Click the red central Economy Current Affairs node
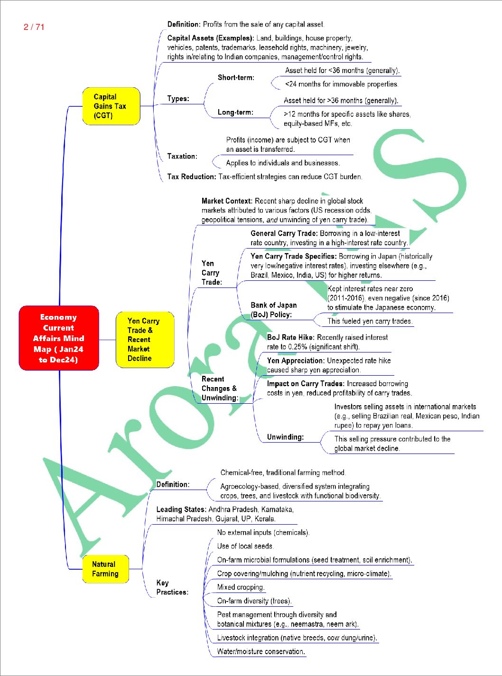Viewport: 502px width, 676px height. [59, 338]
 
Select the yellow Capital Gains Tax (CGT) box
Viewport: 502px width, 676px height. [112, 106]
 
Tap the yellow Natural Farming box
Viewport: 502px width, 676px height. [105, 569]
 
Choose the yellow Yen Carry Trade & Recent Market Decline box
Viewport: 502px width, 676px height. [145, 340]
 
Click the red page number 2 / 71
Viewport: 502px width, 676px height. [34, 27]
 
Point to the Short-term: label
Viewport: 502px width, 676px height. [236, 77]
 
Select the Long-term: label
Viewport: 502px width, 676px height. [235, 112]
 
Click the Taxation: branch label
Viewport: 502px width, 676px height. [182, 157]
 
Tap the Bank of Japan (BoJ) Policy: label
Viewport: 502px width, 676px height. [274, 310]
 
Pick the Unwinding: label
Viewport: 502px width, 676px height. [285, 437]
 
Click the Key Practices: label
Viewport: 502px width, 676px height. [172, 587]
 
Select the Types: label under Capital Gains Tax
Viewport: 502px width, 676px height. [178, 99]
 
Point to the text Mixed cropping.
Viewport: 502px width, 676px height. [241, 587]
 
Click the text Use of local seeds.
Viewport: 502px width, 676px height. [245, 546]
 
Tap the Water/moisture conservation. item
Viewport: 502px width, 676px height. [261, 651]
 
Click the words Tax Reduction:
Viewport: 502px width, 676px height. [192, 176]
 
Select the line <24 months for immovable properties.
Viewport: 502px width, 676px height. [342, 84]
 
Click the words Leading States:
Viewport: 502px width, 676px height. [181, 509]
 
